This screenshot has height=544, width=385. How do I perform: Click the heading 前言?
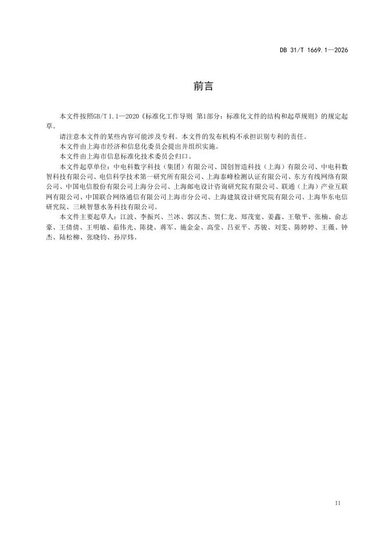[203, 87]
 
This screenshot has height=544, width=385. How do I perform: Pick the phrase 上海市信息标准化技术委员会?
[134, 156]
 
